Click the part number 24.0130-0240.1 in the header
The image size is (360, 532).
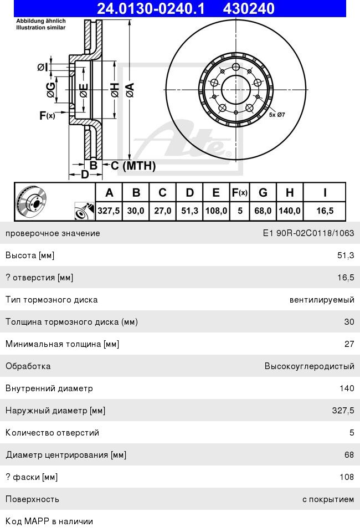pyautogui.click(x=151, y=8)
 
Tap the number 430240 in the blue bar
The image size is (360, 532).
pyautogui.click(x=249, y=8)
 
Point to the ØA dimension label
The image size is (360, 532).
pyautogui.click(x=130, y=90)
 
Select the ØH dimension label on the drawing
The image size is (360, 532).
pyautogui.click(x=115, y=90)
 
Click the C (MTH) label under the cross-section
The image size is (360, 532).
pyautogui.click(x=133, y=166)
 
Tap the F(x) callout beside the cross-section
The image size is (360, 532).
pyautogui.click(x=47, y=116)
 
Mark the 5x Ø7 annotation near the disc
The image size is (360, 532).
pyautogui.click(x=277, y=115)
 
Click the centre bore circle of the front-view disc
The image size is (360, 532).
pyautogui.click(x=236, y=90)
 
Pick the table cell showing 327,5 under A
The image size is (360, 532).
pyautogui.click(x=109, y=211)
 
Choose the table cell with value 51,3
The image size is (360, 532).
pyautogui.click(x=189, y=211)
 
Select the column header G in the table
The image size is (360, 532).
pyautogui.click(x=263, y=193)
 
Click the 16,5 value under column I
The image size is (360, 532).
pyautogui.click(x=325, y=211)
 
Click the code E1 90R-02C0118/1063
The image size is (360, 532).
pyautogui.click(x=308, y=233)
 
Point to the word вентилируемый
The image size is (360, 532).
pyautogui.click(x=322, y=300)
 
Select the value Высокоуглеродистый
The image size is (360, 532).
pyautogui.click(x=310, y=366)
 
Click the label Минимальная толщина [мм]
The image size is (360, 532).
pyautogui.click(x=63, y=344)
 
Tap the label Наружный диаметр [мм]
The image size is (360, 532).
pyautogui.click(x=55, y=411)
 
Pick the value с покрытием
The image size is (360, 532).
pyautogui.click(x=328, y=499)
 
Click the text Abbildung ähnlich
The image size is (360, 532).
pyautogui.click(x=41, y=21)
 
